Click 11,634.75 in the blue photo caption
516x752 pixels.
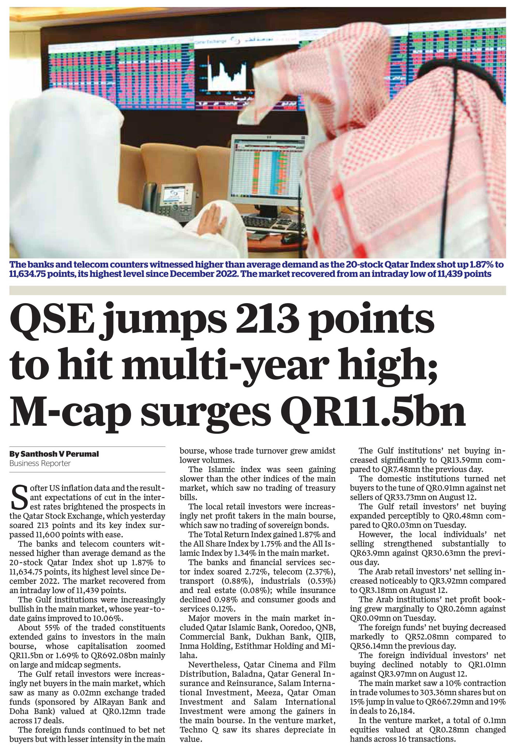(x=30, y=274)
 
